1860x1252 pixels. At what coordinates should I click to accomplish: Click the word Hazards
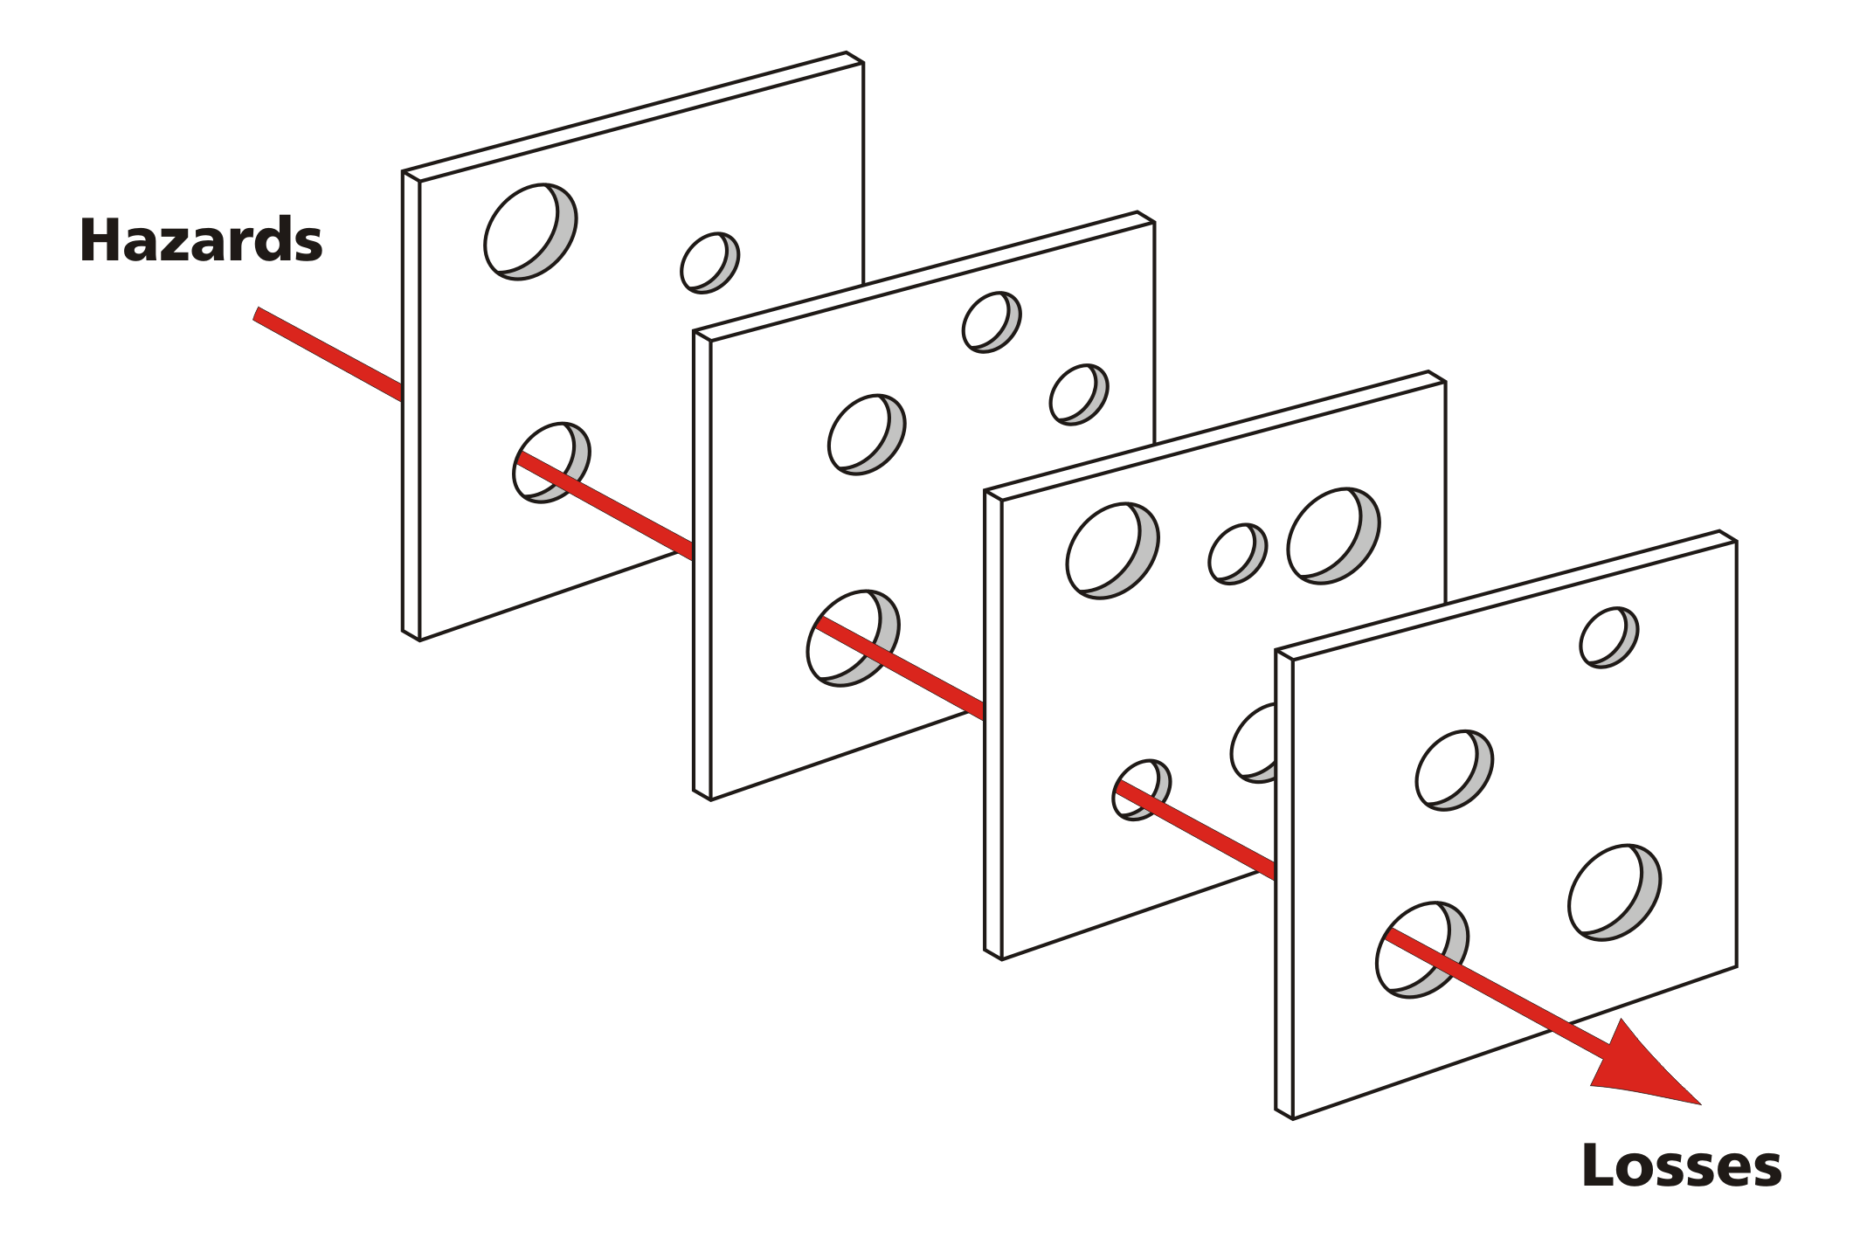(x=201, y=240)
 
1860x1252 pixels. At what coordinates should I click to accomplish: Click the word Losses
(x=1681, y=1166)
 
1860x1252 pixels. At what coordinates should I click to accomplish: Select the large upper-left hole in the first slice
(x=529, y=232)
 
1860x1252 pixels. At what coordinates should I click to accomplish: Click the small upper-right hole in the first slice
(x=709, y=262)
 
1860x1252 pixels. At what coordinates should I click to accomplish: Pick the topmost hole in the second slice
(x=991, y=322)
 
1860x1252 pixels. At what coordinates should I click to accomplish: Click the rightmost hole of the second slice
(x=1078, y=395)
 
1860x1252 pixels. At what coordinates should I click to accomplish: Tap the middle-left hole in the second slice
(x=865, y=434)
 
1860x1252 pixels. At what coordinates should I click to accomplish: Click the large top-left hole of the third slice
(x=1110, y=550)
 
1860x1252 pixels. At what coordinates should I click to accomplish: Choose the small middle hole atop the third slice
(x=1236, y=554)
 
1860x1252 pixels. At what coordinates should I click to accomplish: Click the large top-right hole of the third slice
(x=1331, y=536)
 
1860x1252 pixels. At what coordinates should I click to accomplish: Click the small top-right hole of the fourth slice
(x=1608, y=637)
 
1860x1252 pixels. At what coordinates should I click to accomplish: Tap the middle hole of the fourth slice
(x=1453, y=771)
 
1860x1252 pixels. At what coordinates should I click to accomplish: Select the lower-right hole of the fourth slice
(x=1613, y=892)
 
